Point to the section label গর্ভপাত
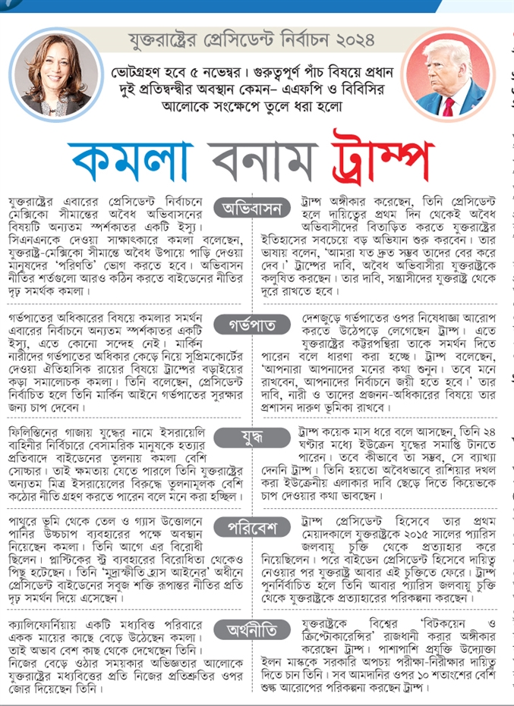(x=257, y=325)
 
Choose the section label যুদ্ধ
(x=257, y=438)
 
